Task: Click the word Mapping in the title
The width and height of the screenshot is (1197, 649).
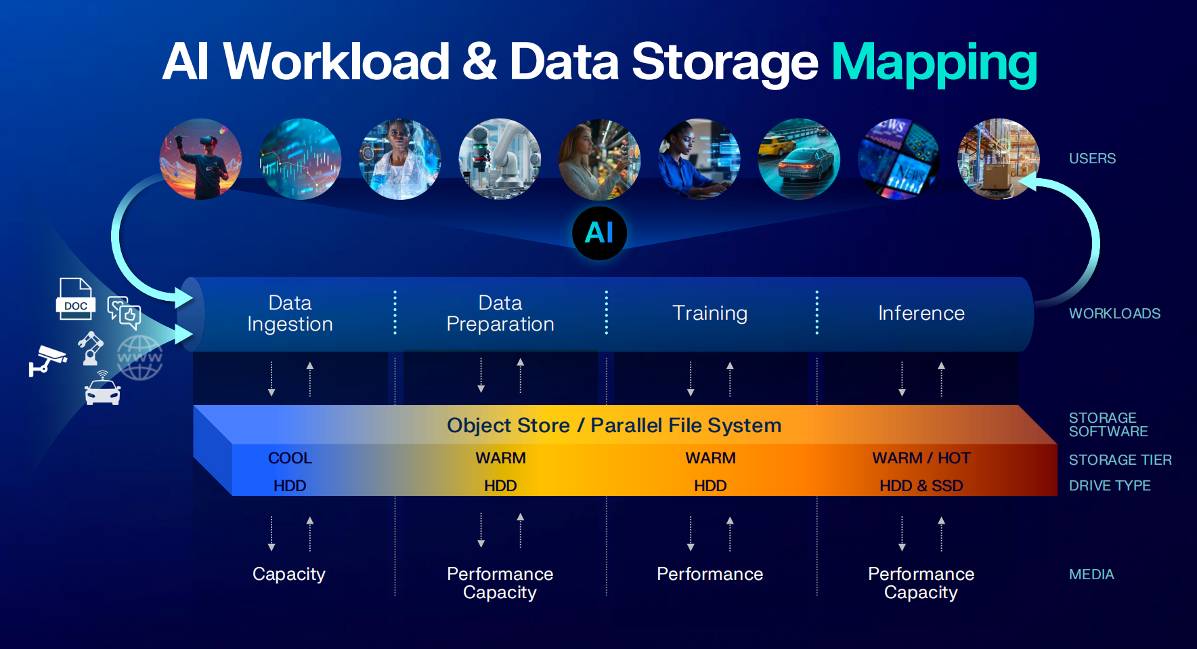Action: click(x=934, y=63)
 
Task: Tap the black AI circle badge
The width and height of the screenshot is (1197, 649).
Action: click(x=599, y=233)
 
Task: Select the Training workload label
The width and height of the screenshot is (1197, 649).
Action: click(x=710, y=313)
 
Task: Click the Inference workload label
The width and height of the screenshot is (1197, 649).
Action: click(x=921, y=313)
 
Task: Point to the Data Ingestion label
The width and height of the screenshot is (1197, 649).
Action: click(x=290, y=313)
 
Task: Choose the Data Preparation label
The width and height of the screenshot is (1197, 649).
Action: click(x=500, y=313)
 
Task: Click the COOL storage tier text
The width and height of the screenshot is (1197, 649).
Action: click(x=290, y=458)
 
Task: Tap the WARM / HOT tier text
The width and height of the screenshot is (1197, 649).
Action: click(x=921, y=458)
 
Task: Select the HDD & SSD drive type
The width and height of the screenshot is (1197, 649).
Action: click(x=921, y=486)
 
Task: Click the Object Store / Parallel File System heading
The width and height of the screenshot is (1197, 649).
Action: click(x=614, y=425)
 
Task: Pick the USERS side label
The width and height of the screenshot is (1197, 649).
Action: click(x=1092, y=159)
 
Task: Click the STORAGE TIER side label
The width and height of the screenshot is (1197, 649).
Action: click(x=1120, y=460)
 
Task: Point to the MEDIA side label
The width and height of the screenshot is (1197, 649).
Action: click(x=1091, y=574)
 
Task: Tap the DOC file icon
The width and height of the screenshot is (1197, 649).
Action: click(x=75, y=299)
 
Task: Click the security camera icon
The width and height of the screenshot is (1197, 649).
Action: click(x=47, y=359)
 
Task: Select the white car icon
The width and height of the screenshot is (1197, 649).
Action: click(x=102, y=392)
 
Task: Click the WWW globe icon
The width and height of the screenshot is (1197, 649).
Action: click(x=140, y=358)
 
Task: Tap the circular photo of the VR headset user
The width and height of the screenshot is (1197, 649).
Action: click(x=200, y=159)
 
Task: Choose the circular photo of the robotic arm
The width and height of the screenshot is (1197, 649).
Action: click(x=500, y=159)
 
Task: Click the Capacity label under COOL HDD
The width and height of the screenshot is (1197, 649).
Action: click(x=289, y=574)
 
